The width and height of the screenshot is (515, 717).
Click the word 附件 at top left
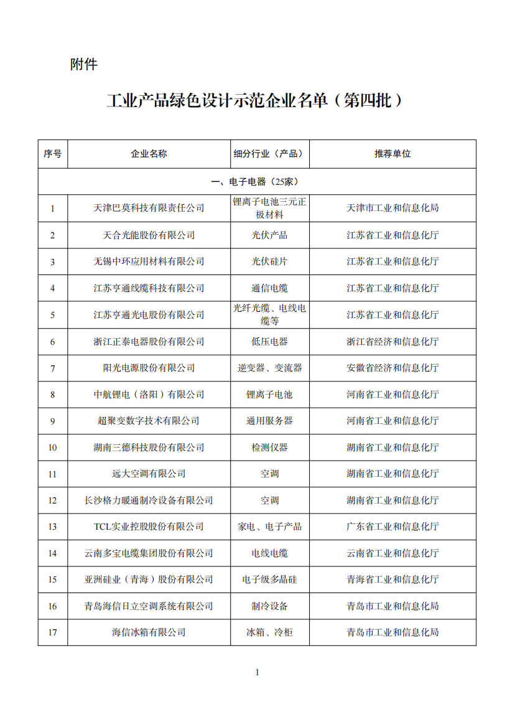(83, 64)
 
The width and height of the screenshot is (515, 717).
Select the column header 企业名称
(149, 154)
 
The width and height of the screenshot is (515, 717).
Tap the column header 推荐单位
(392, 154)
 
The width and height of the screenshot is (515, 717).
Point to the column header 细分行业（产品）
(269, 154)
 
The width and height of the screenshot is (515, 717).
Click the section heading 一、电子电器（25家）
(256, 182)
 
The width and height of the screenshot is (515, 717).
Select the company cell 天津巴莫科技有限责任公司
(149, 208)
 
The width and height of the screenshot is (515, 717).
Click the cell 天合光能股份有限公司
(149, 235)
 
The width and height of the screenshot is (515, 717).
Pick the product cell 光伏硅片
(269, 261)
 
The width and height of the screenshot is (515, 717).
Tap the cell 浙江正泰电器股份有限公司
(149, 341)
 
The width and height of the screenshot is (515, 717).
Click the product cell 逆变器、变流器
(269, 368)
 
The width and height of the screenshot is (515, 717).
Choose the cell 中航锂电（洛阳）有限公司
(149, 395)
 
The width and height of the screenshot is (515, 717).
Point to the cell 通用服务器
(269, 421)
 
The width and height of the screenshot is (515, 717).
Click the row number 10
(53, 448)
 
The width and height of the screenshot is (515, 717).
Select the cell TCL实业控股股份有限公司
(149, 527)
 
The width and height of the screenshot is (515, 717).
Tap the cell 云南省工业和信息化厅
(392, 553)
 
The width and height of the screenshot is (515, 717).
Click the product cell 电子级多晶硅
(269, 579)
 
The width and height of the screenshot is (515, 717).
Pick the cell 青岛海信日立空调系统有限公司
(149, 606)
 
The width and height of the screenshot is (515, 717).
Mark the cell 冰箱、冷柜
(269, 632)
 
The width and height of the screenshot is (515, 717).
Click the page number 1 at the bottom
(257, 672)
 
